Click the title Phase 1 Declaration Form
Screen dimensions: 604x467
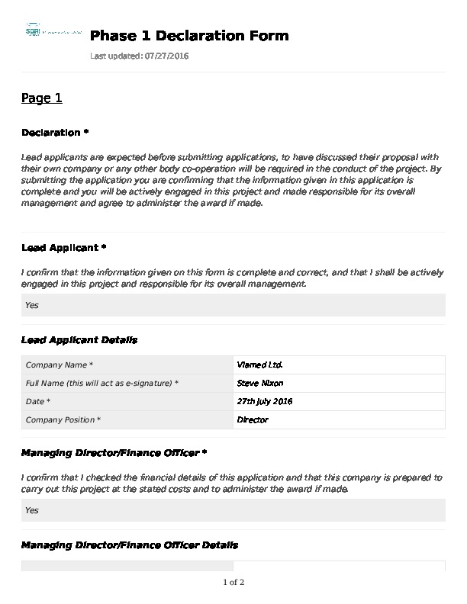coord(189,36)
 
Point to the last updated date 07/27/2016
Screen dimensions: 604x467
coord(166,56)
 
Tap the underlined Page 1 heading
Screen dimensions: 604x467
coord(41,98)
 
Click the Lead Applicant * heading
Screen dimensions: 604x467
coord(63,248)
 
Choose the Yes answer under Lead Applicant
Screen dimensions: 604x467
coord(32,305)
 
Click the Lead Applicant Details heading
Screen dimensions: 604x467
coord(79,339)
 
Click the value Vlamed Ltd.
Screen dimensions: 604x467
coord(260,365)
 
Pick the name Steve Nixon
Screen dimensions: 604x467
coord(260,383)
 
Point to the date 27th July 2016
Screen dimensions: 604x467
coord(265,401)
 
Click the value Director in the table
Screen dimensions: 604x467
coord(253,419)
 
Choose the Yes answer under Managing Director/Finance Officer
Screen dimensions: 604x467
coord(32,510)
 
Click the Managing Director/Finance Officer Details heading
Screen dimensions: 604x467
coord(130,545)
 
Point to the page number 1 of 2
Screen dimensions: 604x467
coord(233,583)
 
